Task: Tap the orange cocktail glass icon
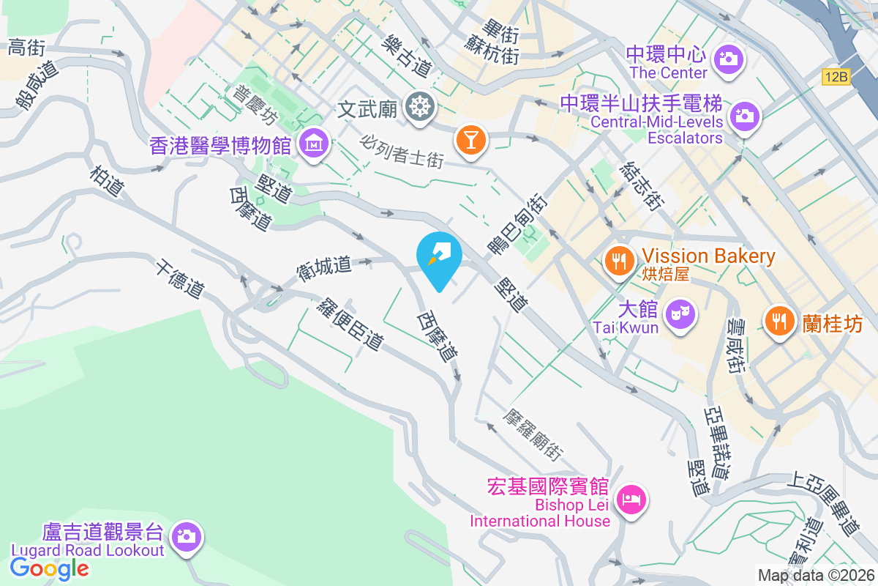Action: pos(469,139)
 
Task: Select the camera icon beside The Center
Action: pos(728,59)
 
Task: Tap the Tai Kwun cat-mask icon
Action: pos(680,316)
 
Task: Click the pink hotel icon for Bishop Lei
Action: pos(631,501)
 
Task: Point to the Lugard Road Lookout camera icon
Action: pos(187,536)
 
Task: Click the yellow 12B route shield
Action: pos(836,76)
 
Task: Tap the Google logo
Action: pos(50,568)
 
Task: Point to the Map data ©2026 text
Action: pos(816,575)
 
